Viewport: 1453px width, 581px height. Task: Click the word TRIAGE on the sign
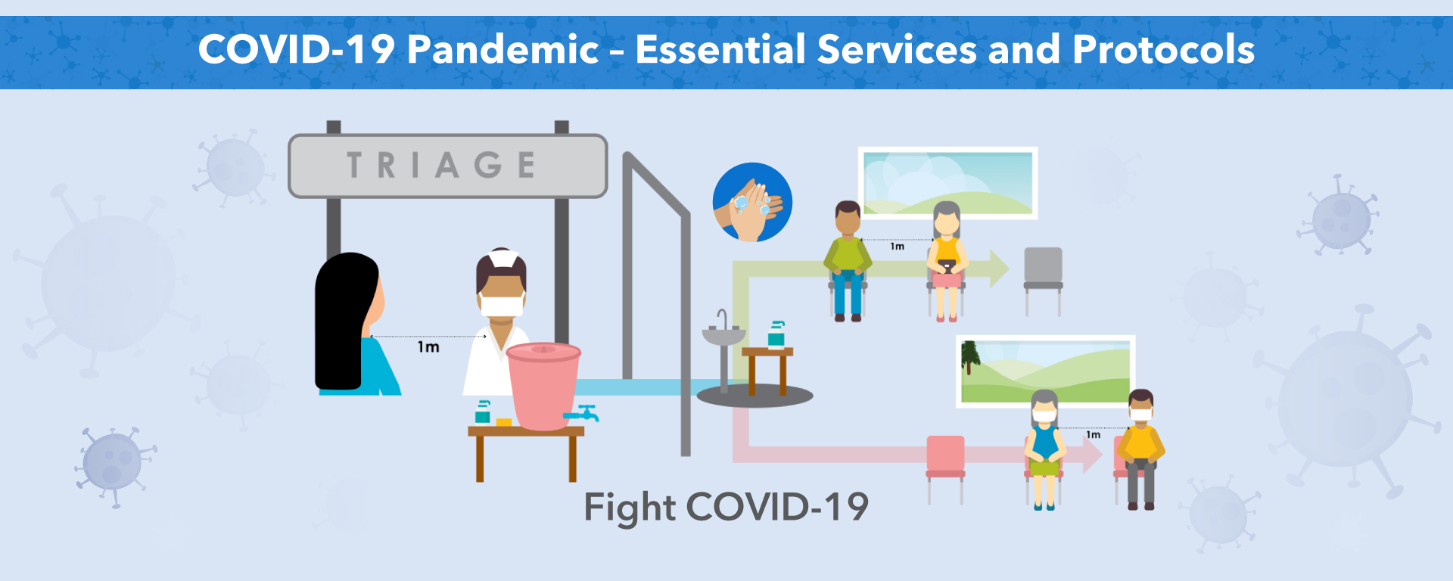(441, 165)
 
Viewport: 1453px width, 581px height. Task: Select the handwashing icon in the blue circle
(752, 202)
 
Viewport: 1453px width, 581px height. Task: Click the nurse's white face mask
(502, 306)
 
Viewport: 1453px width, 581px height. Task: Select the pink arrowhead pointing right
(1092, 455)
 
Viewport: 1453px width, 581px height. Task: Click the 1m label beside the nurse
(428, 347)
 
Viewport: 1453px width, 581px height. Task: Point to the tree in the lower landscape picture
(969, 357)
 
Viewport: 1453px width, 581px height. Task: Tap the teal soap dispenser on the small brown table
(776, 334)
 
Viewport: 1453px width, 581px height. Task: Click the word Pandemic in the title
(503, 50)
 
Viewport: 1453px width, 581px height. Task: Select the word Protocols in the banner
(1164, 50)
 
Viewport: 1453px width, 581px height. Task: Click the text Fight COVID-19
(726, 507)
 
